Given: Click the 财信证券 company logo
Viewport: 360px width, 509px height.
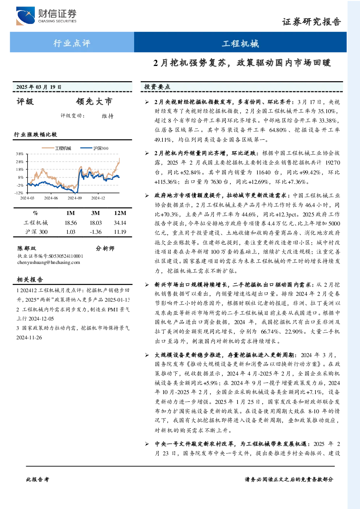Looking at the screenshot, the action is click(x=46, y=16).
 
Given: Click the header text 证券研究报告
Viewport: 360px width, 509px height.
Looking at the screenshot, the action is click(x=311, y=22).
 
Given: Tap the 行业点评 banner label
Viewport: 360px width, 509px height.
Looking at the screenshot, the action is click(x=72, y=43).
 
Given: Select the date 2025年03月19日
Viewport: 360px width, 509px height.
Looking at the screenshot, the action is click(x=39, y=87).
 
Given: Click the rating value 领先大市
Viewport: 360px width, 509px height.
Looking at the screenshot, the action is click(x=94, y=102).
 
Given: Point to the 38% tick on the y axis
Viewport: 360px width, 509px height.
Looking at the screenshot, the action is click(x=20, y=154).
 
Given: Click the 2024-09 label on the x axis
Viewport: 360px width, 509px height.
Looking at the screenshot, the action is click(x=75, y=198).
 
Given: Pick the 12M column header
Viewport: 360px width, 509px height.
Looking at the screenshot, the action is click(x=120, y=213).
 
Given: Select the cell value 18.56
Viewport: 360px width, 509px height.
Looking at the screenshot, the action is click(x=71, y=223).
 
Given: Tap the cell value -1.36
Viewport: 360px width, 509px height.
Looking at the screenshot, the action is click(x=95, y=232).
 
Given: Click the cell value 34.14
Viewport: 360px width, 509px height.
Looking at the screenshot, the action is click(x=120, y=223).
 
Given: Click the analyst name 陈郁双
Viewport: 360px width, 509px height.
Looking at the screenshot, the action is click(x=27, y=248).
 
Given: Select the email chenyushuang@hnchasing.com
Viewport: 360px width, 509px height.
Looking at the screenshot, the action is click(x=49, y=262).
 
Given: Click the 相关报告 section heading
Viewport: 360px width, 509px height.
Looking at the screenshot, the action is click(x=30, y=280).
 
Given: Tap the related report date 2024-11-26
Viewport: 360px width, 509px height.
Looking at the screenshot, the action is click(x=29, y=338).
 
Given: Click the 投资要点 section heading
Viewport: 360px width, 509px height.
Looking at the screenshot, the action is click(x=157, y=87).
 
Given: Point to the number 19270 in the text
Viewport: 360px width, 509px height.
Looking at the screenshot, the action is click(x=332, y=163).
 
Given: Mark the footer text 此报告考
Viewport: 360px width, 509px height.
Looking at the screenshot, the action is click(x=37, y=480).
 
